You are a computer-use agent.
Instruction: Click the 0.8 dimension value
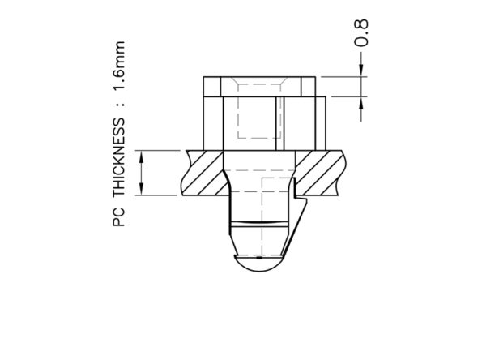362,32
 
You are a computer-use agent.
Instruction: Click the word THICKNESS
119,157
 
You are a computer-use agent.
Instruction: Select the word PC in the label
119,217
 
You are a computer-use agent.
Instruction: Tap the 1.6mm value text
119,66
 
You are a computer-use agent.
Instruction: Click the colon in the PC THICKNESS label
119,104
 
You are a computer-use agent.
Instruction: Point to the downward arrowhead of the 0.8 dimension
361,71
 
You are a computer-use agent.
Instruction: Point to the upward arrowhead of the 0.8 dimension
361,103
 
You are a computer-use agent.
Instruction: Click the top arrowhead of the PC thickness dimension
142,156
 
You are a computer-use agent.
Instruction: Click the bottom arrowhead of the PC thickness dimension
142,189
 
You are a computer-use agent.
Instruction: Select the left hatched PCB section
203,173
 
